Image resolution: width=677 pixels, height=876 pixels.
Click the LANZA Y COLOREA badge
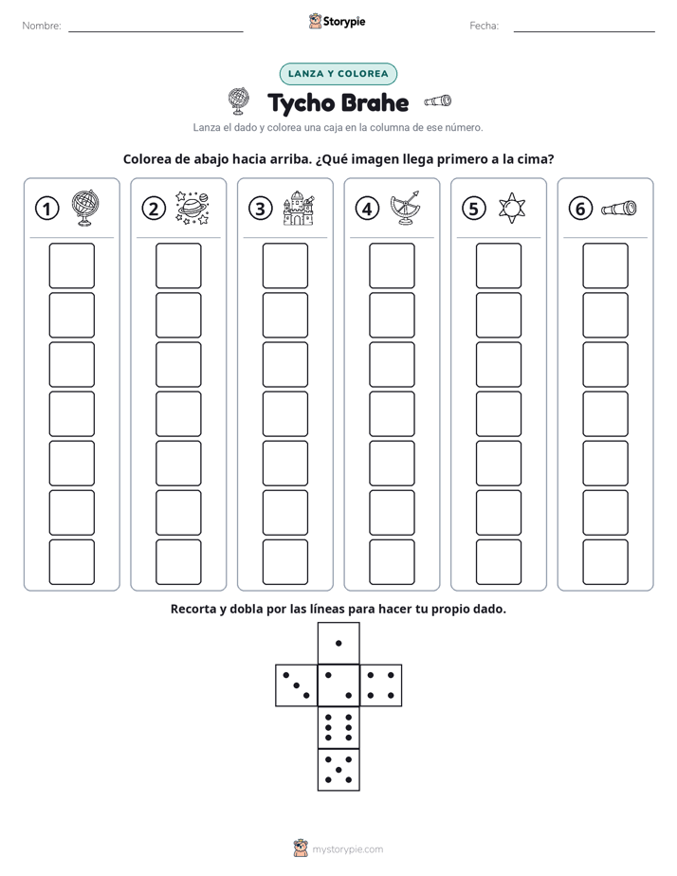pyautogui.click(x=338, y=74)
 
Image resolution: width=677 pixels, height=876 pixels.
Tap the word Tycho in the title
pyautogui.click(x=302, y=103)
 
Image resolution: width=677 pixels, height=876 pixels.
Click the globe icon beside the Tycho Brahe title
pyautogui.click(x=239, y=101)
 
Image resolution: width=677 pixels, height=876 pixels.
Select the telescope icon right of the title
pyautogui.click(x=437, y=100)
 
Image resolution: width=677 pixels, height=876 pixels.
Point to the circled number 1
pyautogui.click(x=46, y=209)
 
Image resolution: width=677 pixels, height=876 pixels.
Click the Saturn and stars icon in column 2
pyautogui.click(x=192, y=208)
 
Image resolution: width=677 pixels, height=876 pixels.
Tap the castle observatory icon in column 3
pyautogui.click(x=299, y=208)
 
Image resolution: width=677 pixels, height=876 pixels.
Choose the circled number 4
pyautogui.click(x=367, y=209)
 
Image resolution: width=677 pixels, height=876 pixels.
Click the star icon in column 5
pyautogui.click(x=512, y=208)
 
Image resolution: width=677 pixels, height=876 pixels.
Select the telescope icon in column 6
pyautogui.click(x=619, y=208)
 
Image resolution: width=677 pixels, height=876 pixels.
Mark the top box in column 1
pyautogui.click(x=71, y=265)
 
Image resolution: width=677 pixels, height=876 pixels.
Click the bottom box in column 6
pyautogui.click(x=606, y=562)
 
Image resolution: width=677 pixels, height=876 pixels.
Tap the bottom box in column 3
pyautogui.click(x=285, y=562)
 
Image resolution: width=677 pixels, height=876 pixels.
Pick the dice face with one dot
pyautogui.click(x=338, y=643)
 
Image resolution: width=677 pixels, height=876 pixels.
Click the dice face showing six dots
pyautogui.click(x=338, y=727)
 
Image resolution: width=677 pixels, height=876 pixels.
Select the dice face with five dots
pyautogui.click(x=338, y=769)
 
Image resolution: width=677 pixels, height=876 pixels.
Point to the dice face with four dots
pyautogui.click(x=381, y=684)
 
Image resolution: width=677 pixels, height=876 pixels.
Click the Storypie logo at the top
pyautogui.click(x=337, y=21)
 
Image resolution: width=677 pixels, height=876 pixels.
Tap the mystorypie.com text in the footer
pyautogui.click(x=347, y=849)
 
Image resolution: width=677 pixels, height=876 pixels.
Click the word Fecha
pyautogui.click(x=484, y=26)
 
